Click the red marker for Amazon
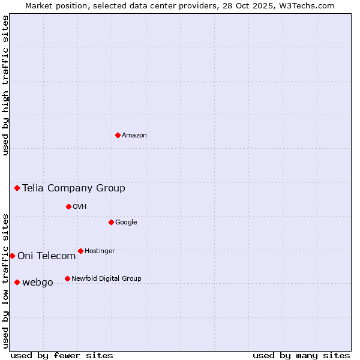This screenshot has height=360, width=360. tap(118, 135)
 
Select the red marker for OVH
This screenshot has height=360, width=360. tap(68, 206)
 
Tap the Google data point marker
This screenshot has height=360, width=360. tap(111, 222)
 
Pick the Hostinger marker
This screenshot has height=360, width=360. tap(80, 251)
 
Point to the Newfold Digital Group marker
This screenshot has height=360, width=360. tap(67, 278)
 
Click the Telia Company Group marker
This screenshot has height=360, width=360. tap(17, 188)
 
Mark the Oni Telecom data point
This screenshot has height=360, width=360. tap(12, 256)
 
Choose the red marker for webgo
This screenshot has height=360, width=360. tap(17, 282)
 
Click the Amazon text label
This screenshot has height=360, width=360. tap(134, 136)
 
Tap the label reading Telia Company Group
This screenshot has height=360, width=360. tap(74, 188)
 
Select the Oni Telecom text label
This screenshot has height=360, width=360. tap(47, 256)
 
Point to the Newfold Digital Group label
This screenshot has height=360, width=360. tap(106, 278)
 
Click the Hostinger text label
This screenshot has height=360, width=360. tap(100, 251)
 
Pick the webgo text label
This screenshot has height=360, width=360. tap(38, 283)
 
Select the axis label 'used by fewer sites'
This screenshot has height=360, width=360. tap(62, 355)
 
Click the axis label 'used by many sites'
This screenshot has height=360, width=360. tap(301, 355)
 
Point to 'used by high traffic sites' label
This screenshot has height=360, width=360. tap(5, 85)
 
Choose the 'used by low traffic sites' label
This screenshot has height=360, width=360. tap(5, 281)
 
